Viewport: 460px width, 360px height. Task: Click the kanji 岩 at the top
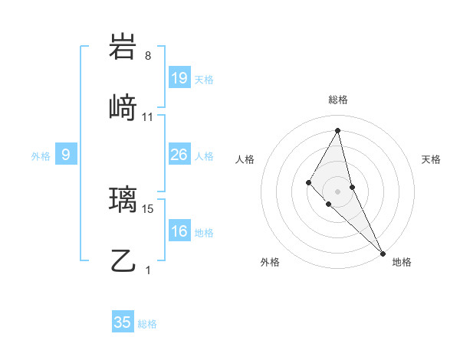pos(123,47)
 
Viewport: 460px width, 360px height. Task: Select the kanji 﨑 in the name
pos(123,110)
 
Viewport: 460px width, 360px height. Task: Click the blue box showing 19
pos(179,78)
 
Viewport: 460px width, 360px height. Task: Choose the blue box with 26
pos(179,155)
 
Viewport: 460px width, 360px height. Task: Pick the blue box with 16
pos(179,231)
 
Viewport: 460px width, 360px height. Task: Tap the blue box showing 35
pos(123,322)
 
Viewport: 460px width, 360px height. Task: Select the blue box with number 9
pos(66,155)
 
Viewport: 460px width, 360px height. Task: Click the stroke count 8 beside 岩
pos(148,56)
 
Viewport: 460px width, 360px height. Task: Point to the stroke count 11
pos(148,117)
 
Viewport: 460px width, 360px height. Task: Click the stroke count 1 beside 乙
pos(148,270)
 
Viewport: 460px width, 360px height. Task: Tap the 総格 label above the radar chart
pos(338,100)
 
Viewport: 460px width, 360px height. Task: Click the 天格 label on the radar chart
pos(431,159)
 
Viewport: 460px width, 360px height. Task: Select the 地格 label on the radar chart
pos(402,262)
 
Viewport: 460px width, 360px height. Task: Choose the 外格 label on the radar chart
pos(270,262)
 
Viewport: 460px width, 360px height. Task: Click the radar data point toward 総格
pos(338,130)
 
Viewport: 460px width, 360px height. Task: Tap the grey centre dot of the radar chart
pos(338,191)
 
